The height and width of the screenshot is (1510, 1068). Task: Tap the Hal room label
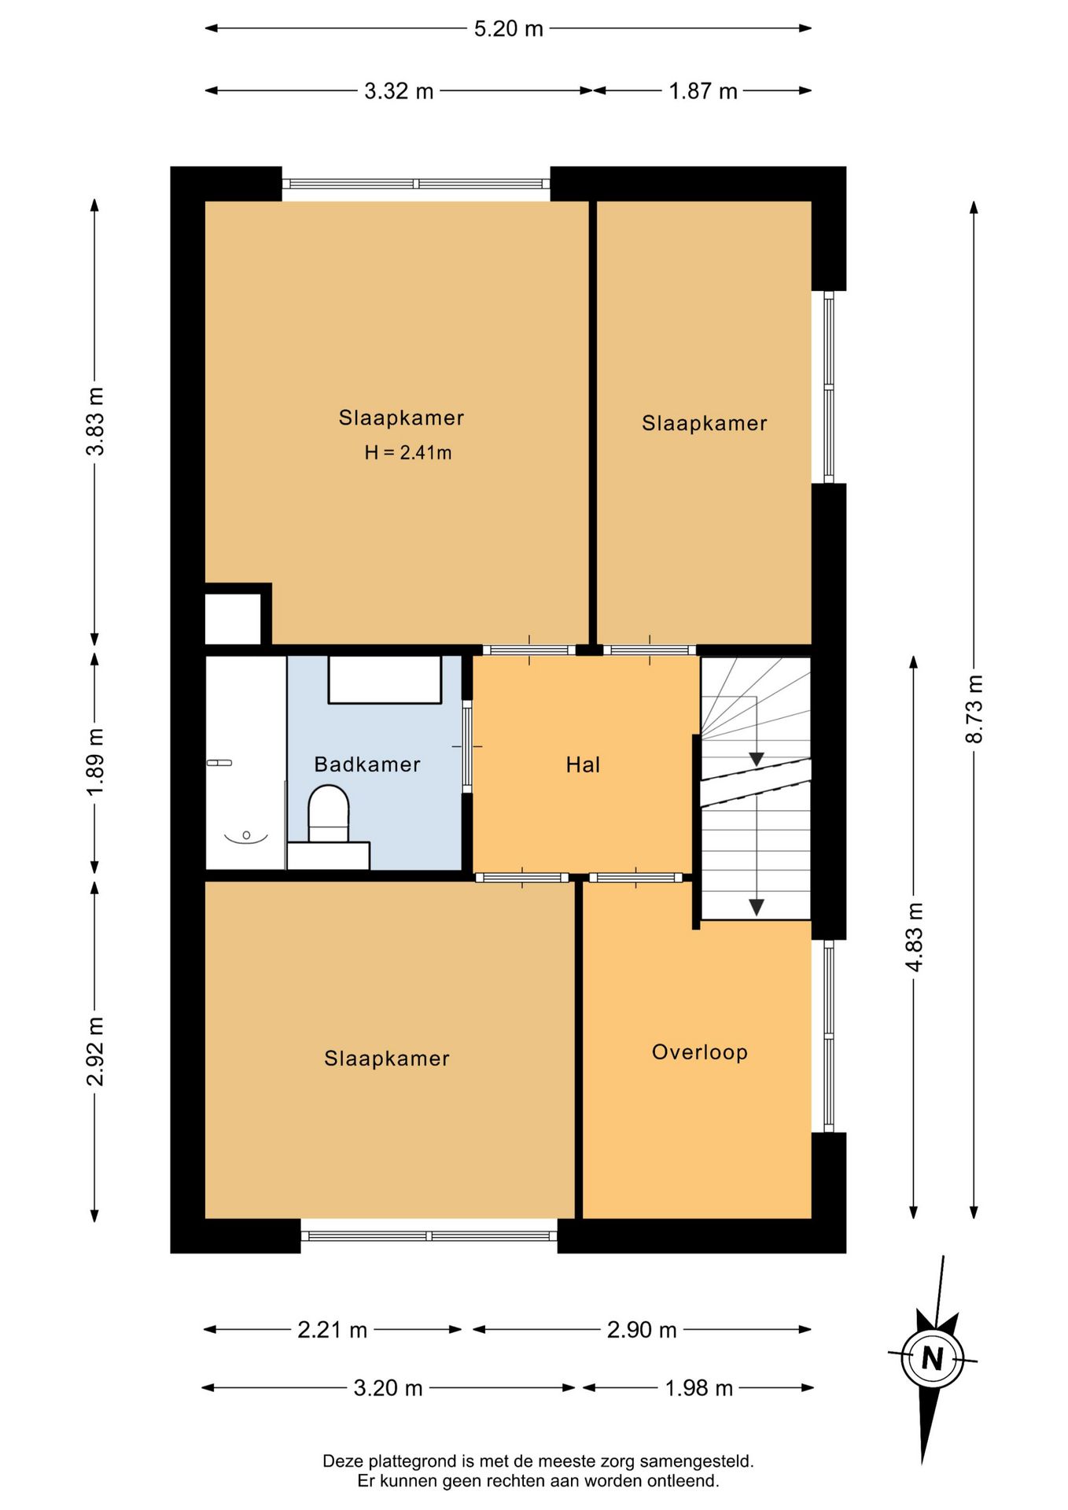click(x=583, y=764)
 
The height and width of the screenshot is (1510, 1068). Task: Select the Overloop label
click(x=699, y=1052)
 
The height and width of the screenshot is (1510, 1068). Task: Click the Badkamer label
click(x=367, y=764)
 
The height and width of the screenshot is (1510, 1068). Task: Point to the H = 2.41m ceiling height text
click(x=408, y=452)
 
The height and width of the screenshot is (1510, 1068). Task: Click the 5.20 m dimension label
click(x=508, y=29)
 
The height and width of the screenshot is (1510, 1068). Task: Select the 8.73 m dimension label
click(x=974, y=709)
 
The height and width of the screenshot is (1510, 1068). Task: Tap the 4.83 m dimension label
click(x=914, y=937)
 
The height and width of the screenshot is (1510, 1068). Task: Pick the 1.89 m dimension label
click(x=95, y=762)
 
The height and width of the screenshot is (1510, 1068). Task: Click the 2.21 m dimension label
click(x=333, y=1330)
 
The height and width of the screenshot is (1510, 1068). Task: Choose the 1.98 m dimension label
click(x=698, y=1388)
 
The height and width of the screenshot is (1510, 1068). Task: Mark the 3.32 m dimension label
click(x=399, y=91)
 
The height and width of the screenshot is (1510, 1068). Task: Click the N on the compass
click(x=933, y=1358)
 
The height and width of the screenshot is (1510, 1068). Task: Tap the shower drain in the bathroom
click(x=246, y=834)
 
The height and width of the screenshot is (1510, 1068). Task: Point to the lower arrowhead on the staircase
click(x=756, y=907)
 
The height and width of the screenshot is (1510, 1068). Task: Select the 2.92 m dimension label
click(x=95, y=1051)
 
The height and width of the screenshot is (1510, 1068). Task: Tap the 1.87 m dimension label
click(x=703, y=91)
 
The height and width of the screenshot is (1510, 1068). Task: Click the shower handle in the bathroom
click(x=219, y=763)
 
